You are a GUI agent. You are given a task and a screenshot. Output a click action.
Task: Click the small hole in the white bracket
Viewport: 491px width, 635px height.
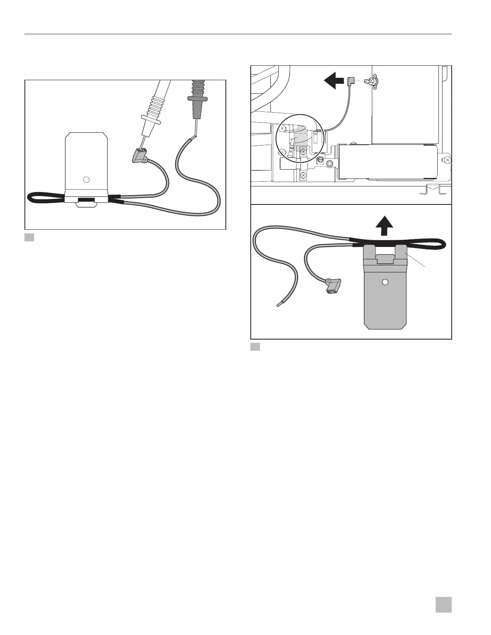pos(86,179)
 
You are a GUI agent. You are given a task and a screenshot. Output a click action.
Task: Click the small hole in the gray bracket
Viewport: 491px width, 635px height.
pos(385,282)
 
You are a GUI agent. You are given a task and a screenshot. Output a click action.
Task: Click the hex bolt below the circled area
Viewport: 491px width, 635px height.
pos(329,164)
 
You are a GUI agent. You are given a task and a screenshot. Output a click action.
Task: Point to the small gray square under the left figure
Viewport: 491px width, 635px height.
pos(29,237)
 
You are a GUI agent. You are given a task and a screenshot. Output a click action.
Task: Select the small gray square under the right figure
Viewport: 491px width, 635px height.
pos(255,347)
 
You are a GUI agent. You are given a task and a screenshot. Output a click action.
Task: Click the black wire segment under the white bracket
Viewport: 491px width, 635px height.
pos(86,199)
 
